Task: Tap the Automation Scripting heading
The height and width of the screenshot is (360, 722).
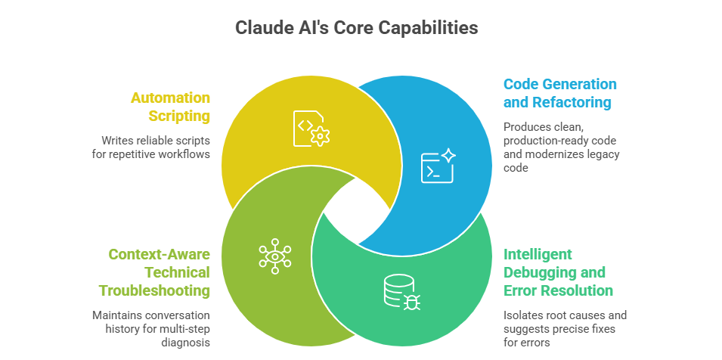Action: point(170,107)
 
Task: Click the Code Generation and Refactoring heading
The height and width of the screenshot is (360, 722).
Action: point(560,93)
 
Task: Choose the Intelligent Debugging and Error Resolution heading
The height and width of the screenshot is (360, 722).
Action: point(558,272)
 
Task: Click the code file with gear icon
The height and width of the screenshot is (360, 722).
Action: point(311,128)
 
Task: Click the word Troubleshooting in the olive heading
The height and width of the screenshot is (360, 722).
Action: point(154,290)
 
